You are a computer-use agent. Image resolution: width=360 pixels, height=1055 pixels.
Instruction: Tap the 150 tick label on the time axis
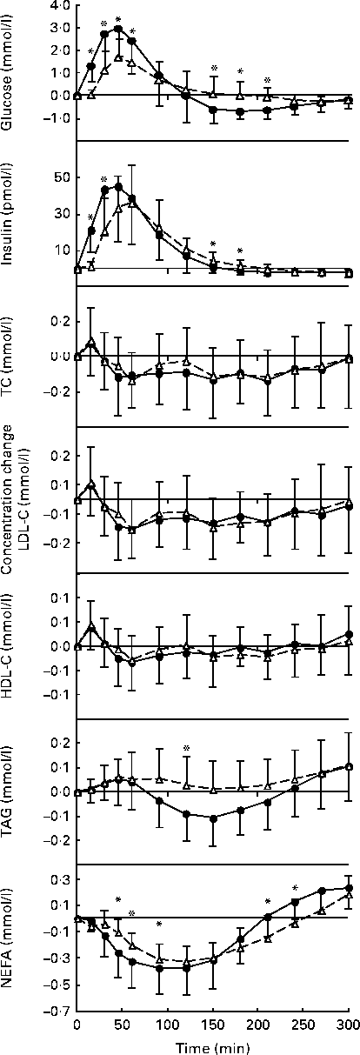click(212, 1024)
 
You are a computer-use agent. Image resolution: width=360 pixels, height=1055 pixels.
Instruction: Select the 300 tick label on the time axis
click(348, 1024)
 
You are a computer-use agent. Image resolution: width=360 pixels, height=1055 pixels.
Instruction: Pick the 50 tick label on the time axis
click(122, 1024)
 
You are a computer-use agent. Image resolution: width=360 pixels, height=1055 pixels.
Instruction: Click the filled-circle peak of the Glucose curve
click(117, 30)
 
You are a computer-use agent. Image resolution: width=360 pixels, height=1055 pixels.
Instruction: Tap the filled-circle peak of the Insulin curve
click(117, 187)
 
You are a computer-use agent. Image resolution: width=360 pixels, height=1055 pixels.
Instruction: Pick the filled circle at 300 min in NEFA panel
click(348, 888)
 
